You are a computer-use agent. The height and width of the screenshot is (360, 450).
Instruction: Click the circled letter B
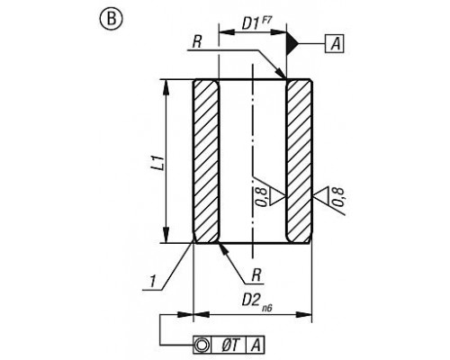[x=111, y=19]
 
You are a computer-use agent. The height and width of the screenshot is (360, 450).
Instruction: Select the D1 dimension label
[x=250, y=23]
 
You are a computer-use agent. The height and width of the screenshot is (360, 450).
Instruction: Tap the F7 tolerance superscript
[x=265, y=20]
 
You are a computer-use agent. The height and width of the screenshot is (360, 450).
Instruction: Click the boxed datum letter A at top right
[x=334, y=44]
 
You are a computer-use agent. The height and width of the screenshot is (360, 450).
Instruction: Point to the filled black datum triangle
[x=292, y=44]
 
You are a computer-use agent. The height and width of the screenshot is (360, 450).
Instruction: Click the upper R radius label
[x=196, y=42]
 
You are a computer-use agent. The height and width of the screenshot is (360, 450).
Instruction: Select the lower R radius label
[x=256, y=275]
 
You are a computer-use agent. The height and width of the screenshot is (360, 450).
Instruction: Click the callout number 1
[x=153, y=282]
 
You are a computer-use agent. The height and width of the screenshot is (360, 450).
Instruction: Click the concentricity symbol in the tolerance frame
[x=202, y=344]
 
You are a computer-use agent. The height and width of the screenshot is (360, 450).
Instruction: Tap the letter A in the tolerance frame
[x=256, y=344]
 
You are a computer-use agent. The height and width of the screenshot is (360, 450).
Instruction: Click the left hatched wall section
[x=206, y=161]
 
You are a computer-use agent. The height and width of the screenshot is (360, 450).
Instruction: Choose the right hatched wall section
[x=300, y=161]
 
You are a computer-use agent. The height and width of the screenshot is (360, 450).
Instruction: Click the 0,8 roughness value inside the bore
[x=262, y=197]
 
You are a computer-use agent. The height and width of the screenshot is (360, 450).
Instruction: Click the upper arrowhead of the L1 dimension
[x=166, y=88]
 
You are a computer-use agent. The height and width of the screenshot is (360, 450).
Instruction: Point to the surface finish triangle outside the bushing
[x=320, y=196]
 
